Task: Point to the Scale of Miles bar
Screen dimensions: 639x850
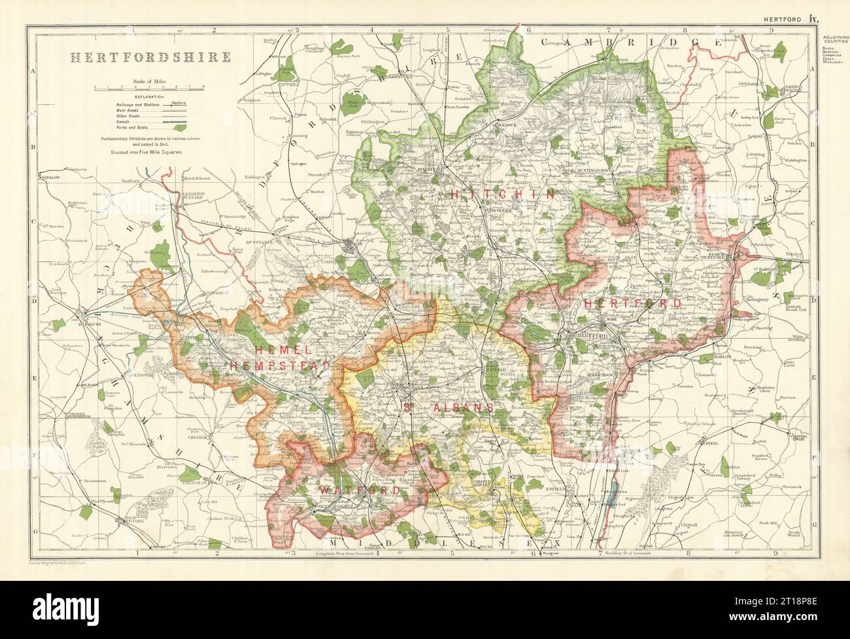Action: pos(148,87)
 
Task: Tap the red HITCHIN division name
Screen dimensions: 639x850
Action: pos(502,194)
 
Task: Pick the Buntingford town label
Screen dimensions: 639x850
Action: pos(594,171)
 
